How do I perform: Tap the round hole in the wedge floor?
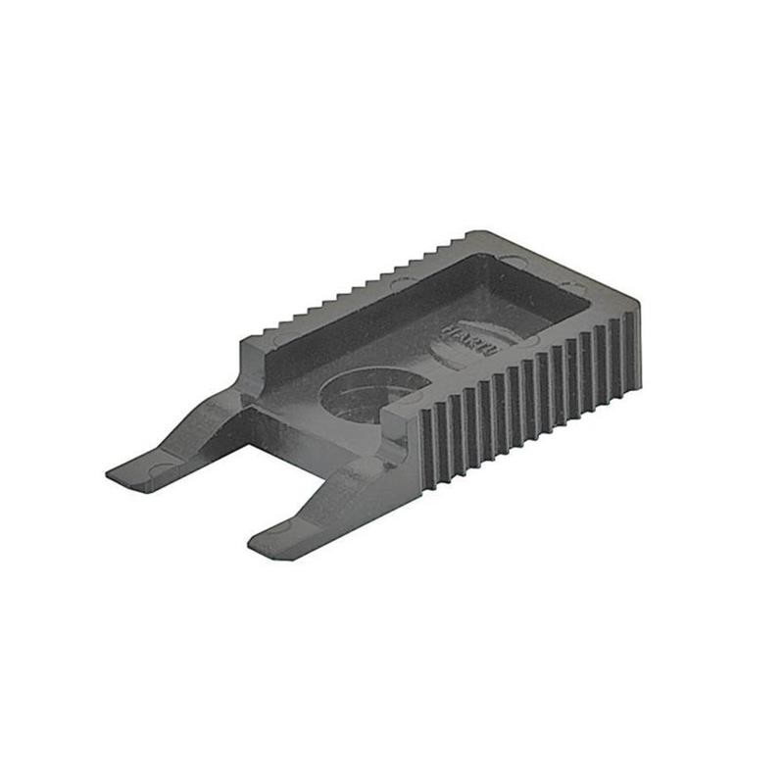click(x=368, y=392)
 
